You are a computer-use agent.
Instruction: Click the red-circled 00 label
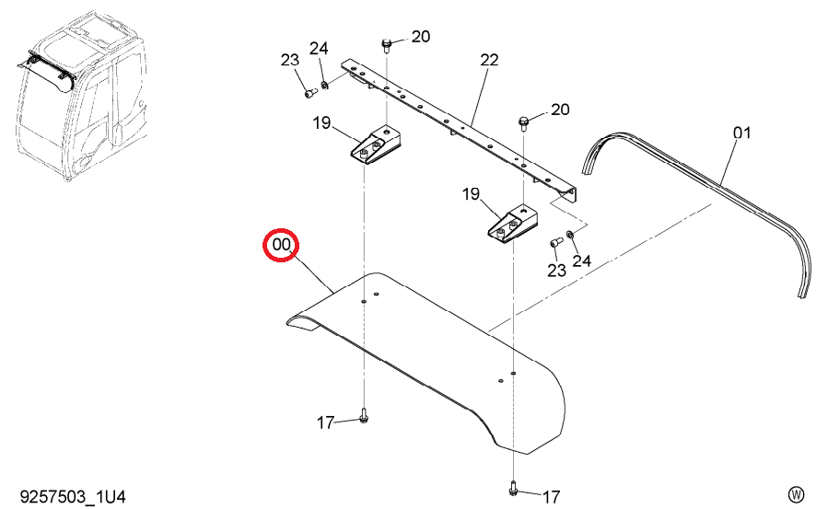pyautogui.click(x=281, y=244)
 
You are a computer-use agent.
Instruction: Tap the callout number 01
pyautogui.click(x=742, y=133)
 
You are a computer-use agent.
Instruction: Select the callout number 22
pyautogui.click(x=489, y=60)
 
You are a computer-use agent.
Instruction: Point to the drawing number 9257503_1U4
pyautogui.click(x=73, y=496)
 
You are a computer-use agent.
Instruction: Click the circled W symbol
pyautogui.click(x=796, y=493)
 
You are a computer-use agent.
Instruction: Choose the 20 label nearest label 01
pyautogui.click(x=560, y=110)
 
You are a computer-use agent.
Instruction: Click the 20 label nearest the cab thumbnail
pyautogui.click(x=421, y=37)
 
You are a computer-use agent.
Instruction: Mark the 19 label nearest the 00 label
pyautogui.click(x=321, y=123)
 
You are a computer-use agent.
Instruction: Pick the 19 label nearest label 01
pyautogui.click(x=471, y=194)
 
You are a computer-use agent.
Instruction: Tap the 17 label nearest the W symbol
pyautogui.click(x=551, y=497)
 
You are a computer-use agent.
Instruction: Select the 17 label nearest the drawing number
pyautogui.click(x=325, y=422)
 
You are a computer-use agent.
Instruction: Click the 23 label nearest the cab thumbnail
pyautogui.click(x=290, y=60)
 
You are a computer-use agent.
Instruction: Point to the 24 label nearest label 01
pyautogui.click(x=581, y=260)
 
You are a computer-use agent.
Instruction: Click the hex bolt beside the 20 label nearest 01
pyautogui.click(x=523, y=124)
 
